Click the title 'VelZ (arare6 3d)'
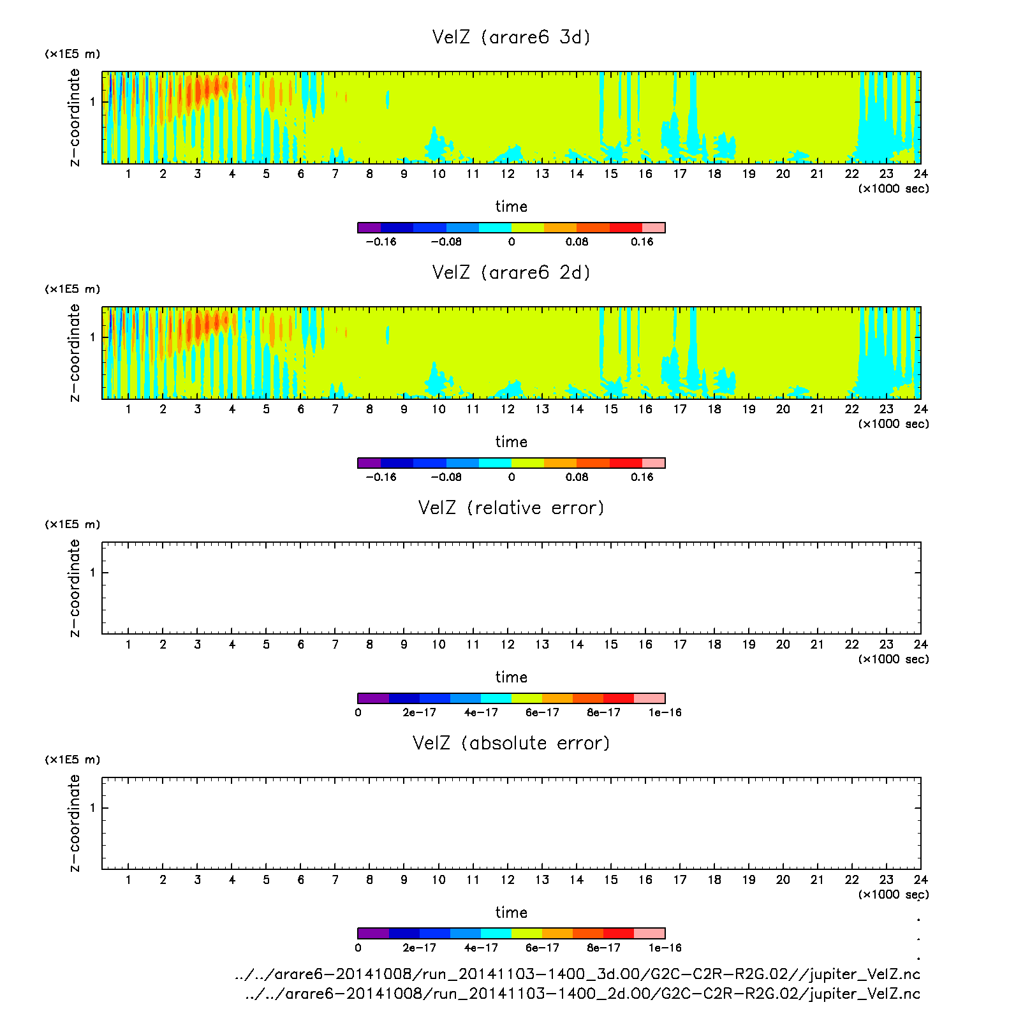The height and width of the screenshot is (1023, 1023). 511,37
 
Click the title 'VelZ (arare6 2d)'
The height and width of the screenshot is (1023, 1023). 511,272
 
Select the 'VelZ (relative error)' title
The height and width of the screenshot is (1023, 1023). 511,508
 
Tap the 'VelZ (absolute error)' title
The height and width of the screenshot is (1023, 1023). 511,743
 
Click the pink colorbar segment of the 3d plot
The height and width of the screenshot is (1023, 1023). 653,228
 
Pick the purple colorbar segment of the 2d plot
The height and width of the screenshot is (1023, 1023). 369,463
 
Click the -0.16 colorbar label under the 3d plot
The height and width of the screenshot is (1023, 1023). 381,242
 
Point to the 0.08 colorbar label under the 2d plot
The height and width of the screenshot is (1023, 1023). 577,477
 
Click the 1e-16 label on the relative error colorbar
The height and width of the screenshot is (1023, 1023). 665,712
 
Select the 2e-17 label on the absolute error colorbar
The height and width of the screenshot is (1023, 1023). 419,948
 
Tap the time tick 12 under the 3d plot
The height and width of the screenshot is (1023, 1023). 507,174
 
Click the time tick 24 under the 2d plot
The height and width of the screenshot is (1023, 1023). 920,409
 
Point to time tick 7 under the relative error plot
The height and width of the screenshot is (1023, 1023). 335,645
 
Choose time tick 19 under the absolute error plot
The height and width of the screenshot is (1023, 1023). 748,880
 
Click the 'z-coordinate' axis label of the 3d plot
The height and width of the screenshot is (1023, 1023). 75,117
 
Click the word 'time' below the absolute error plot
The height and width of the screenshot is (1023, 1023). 511,913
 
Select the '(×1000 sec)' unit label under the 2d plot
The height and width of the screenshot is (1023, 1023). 893,424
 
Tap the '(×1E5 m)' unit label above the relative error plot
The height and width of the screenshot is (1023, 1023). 72,524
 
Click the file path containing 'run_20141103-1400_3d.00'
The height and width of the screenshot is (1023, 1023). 577,975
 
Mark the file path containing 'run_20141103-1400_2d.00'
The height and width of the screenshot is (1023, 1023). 582,994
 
